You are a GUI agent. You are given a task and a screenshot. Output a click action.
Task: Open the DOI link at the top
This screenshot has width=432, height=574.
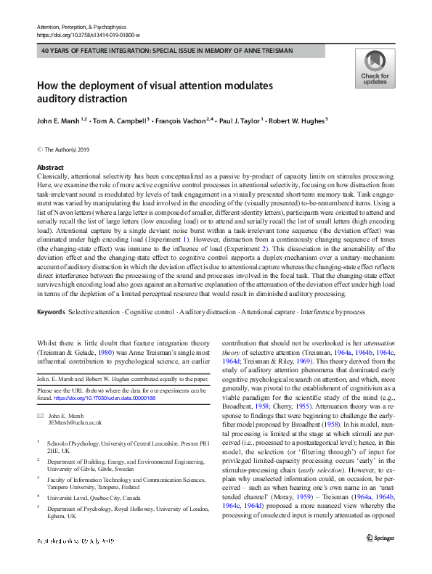pos(88,34)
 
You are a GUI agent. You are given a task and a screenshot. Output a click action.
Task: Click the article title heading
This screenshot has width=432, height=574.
pos(155,92)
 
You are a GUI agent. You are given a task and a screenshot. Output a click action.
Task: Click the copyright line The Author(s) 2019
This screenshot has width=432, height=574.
pos(68,149)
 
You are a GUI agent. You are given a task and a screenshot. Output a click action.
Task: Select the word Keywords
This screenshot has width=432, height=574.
pos(51,311)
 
